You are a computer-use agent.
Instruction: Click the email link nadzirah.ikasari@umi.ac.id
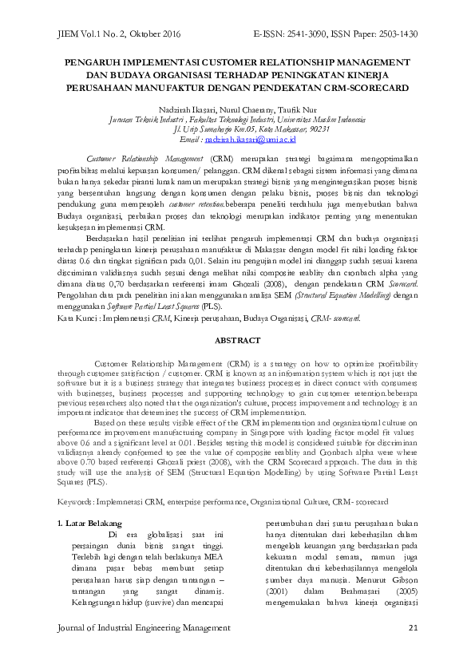(x=251, y=139)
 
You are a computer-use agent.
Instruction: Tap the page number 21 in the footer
(x=413, y=629)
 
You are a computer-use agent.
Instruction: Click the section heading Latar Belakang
(x=94, y=523)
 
